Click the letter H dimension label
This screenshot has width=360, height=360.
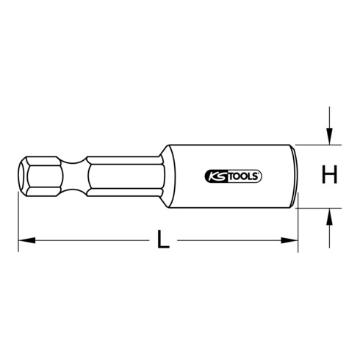330,176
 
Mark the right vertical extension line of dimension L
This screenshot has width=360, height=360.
298,228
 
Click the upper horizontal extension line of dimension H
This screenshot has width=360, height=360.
316,144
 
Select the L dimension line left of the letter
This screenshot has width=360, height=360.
88,240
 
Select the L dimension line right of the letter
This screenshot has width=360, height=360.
235,240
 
